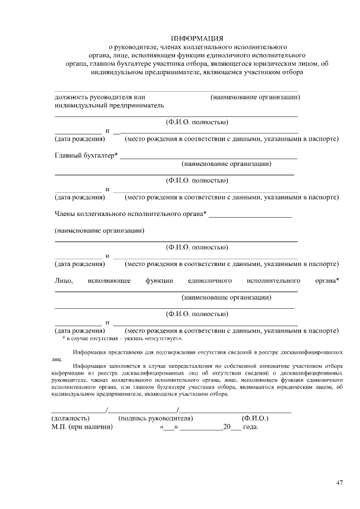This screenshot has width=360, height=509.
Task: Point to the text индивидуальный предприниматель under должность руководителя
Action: point(109,105)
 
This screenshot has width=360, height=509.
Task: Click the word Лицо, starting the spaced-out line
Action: point(64,280)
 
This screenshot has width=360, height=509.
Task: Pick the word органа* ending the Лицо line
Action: point(327,280)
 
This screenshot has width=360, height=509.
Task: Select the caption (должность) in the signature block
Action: point(70,418)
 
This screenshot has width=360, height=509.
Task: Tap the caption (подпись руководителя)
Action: point(156,418)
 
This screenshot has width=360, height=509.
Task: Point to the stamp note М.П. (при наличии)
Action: point(82,427)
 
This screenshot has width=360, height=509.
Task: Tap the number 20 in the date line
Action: point(227,427)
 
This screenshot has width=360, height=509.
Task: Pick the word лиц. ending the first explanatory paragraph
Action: point(56,358)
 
